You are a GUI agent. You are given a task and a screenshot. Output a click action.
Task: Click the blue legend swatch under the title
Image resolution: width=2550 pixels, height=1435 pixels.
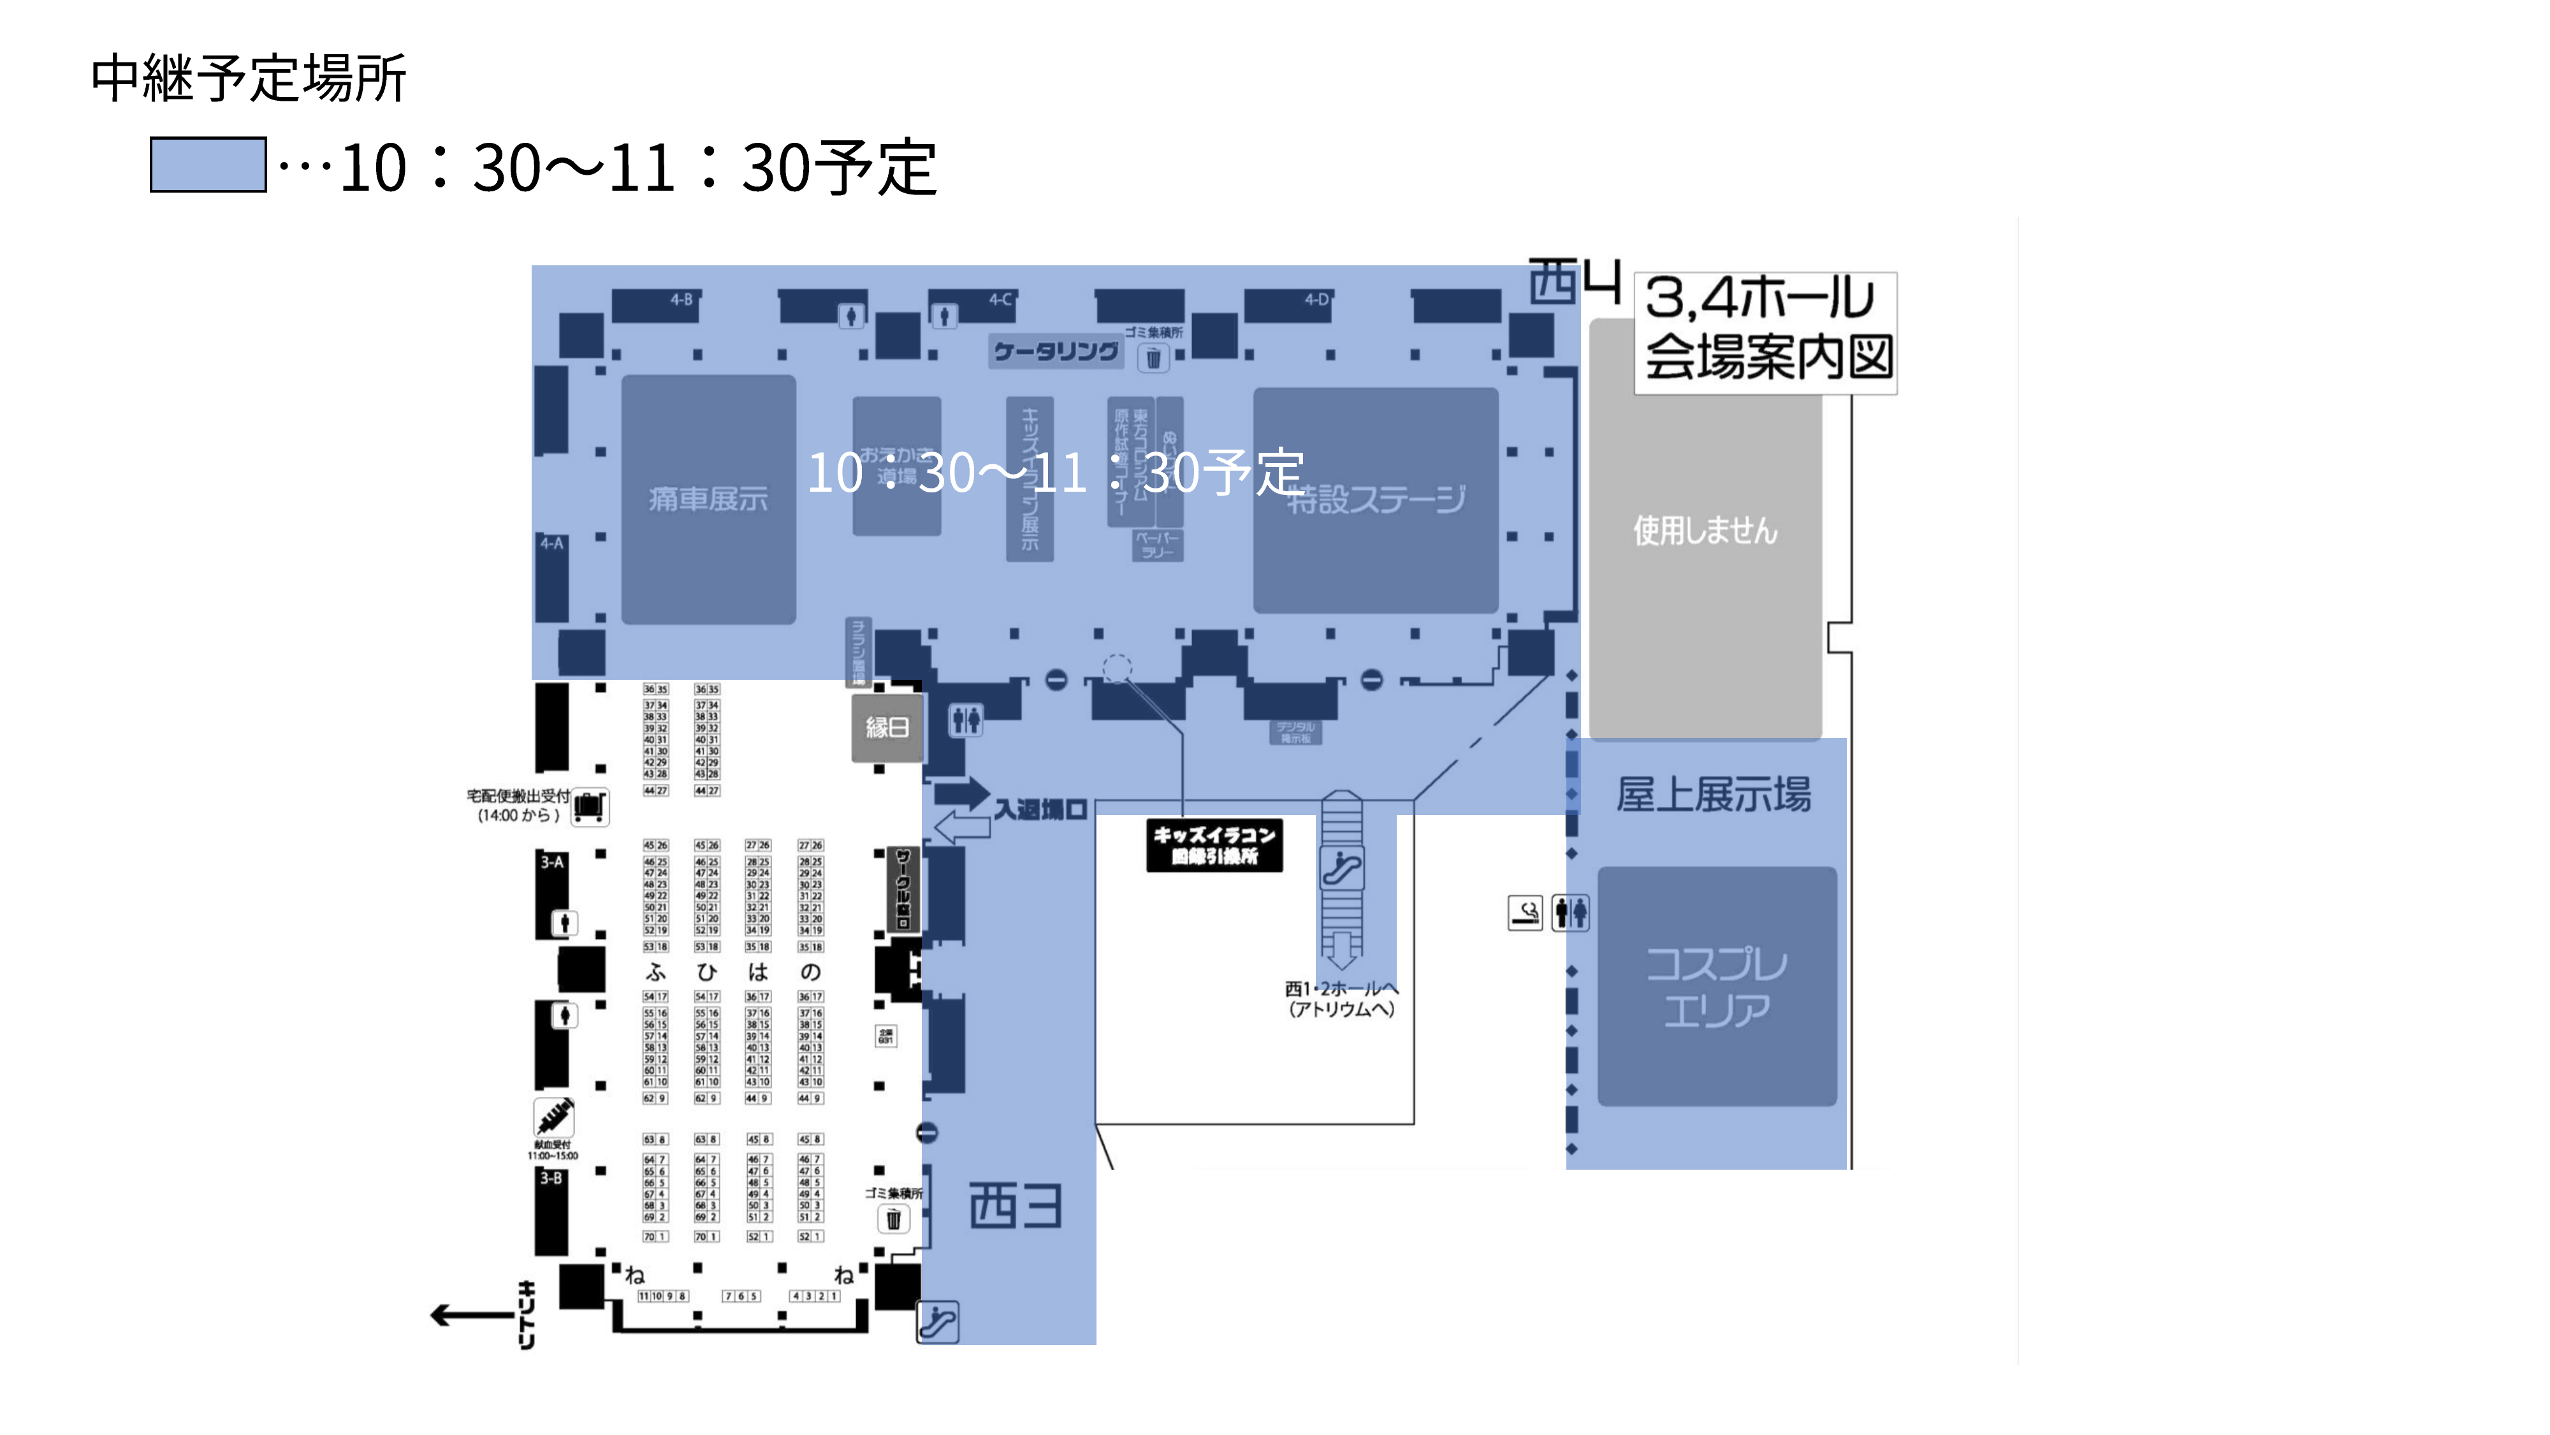208,165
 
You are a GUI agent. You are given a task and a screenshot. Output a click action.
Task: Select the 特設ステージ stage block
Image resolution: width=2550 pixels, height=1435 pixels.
1375,500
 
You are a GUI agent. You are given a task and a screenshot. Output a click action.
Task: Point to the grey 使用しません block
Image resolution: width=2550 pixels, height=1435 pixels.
1705,531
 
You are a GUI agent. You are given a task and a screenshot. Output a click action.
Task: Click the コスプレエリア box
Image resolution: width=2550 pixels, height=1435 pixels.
1717,987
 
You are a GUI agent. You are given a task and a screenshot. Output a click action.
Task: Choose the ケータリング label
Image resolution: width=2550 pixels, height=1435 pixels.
1055,351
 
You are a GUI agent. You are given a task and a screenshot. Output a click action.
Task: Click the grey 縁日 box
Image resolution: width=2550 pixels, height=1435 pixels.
887,728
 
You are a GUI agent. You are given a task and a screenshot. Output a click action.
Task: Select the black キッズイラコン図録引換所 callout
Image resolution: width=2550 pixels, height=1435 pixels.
1214,846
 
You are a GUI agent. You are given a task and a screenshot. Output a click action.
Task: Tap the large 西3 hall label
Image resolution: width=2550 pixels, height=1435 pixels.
1015,1206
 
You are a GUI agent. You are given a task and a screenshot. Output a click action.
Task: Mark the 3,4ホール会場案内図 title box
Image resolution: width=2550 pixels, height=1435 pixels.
1766,332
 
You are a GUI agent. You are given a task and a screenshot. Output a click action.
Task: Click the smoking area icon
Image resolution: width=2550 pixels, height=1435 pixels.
1524,912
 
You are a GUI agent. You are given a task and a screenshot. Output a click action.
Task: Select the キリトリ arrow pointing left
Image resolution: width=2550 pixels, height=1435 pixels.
470,1315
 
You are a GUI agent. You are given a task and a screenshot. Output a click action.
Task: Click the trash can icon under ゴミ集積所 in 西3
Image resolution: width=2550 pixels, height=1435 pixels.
893,1219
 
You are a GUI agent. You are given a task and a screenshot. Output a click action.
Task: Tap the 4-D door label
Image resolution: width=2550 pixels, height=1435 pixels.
1316,299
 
